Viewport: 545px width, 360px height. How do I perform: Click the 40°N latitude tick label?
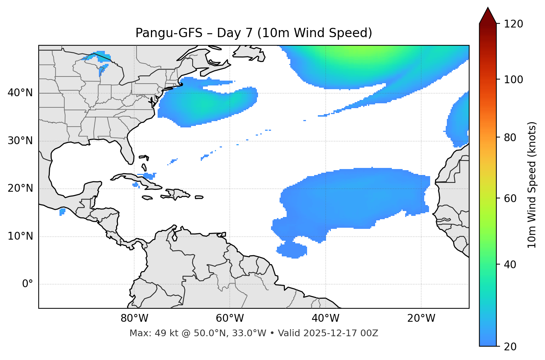tap(20, 93)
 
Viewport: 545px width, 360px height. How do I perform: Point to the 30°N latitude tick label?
tap(20, 141)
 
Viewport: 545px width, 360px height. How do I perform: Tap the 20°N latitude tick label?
tap(20, 188)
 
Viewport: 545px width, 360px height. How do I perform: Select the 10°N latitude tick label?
tap(20, 236)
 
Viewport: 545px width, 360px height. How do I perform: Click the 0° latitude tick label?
tap(27, 284)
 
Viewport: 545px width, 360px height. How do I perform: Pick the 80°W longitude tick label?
tap(134, 318)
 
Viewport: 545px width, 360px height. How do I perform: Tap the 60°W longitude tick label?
tap(230, 318)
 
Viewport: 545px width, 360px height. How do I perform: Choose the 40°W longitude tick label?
tap(325, 318)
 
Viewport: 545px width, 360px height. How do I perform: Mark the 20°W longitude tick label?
tap(421, 318)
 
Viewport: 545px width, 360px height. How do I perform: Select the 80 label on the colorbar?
tap(512, 137)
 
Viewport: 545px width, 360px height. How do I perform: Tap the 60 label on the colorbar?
tap(512, 198)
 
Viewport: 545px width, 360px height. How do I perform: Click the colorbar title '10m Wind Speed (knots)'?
tap(532, 185)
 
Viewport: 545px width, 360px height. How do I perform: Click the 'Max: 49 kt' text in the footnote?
tap(148, 333)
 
